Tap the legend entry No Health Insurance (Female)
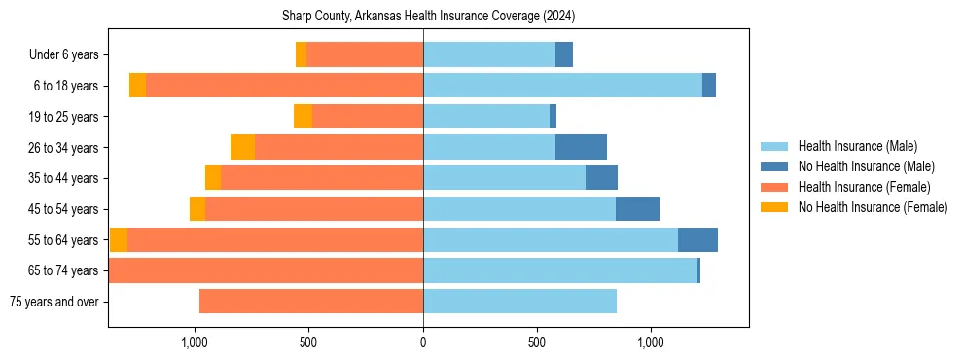(x=873, y=207)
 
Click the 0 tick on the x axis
(x=423, y=342)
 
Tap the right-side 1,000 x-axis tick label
(x=651, y=342)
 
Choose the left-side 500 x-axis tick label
(x=308, y=342)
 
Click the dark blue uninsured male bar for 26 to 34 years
(x=581, y=147)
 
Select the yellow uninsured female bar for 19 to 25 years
(x=303, y=117)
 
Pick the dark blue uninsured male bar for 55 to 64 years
(x=697, y=239)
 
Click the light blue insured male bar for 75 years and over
(x=519, y=302)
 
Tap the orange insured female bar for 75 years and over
(x=311, y=302)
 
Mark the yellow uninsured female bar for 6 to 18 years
(x=137, y=86)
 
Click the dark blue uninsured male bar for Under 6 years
(x=564, y=54)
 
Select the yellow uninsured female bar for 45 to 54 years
(x=197, y=209)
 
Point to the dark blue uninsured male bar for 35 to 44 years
(x=601, y=178)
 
